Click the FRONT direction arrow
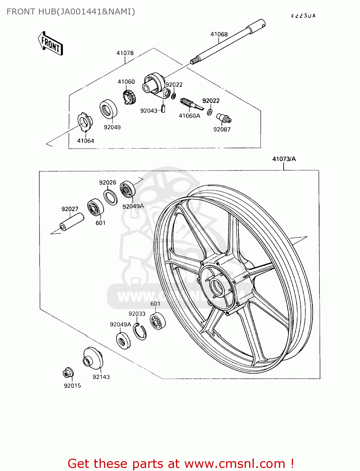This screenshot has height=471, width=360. click(x=50, y=44)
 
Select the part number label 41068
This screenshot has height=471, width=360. click(x=219, y=34)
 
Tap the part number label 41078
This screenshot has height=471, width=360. click(x=125, y=53)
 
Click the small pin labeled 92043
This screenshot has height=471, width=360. click(x=163, y=108)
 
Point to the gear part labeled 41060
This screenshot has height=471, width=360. click(x=129, y=96)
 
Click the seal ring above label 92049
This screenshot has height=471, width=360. click(x=108, y=109)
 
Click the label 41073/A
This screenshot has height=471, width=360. click(x=284, y=159)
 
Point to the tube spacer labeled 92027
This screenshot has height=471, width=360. click(x=72, y=222)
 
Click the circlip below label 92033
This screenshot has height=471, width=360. click(x=139, y=332)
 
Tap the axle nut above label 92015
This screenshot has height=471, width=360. click(x=68, y=373)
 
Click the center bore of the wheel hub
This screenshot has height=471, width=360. click(x=216, y=288)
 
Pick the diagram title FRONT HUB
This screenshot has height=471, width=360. click(x=71, y=12)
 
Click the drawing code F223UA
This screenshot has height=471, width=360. click(x=303, y=16)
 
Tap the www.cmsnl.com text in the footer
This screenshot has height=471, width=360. click(x=235, y=463)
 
